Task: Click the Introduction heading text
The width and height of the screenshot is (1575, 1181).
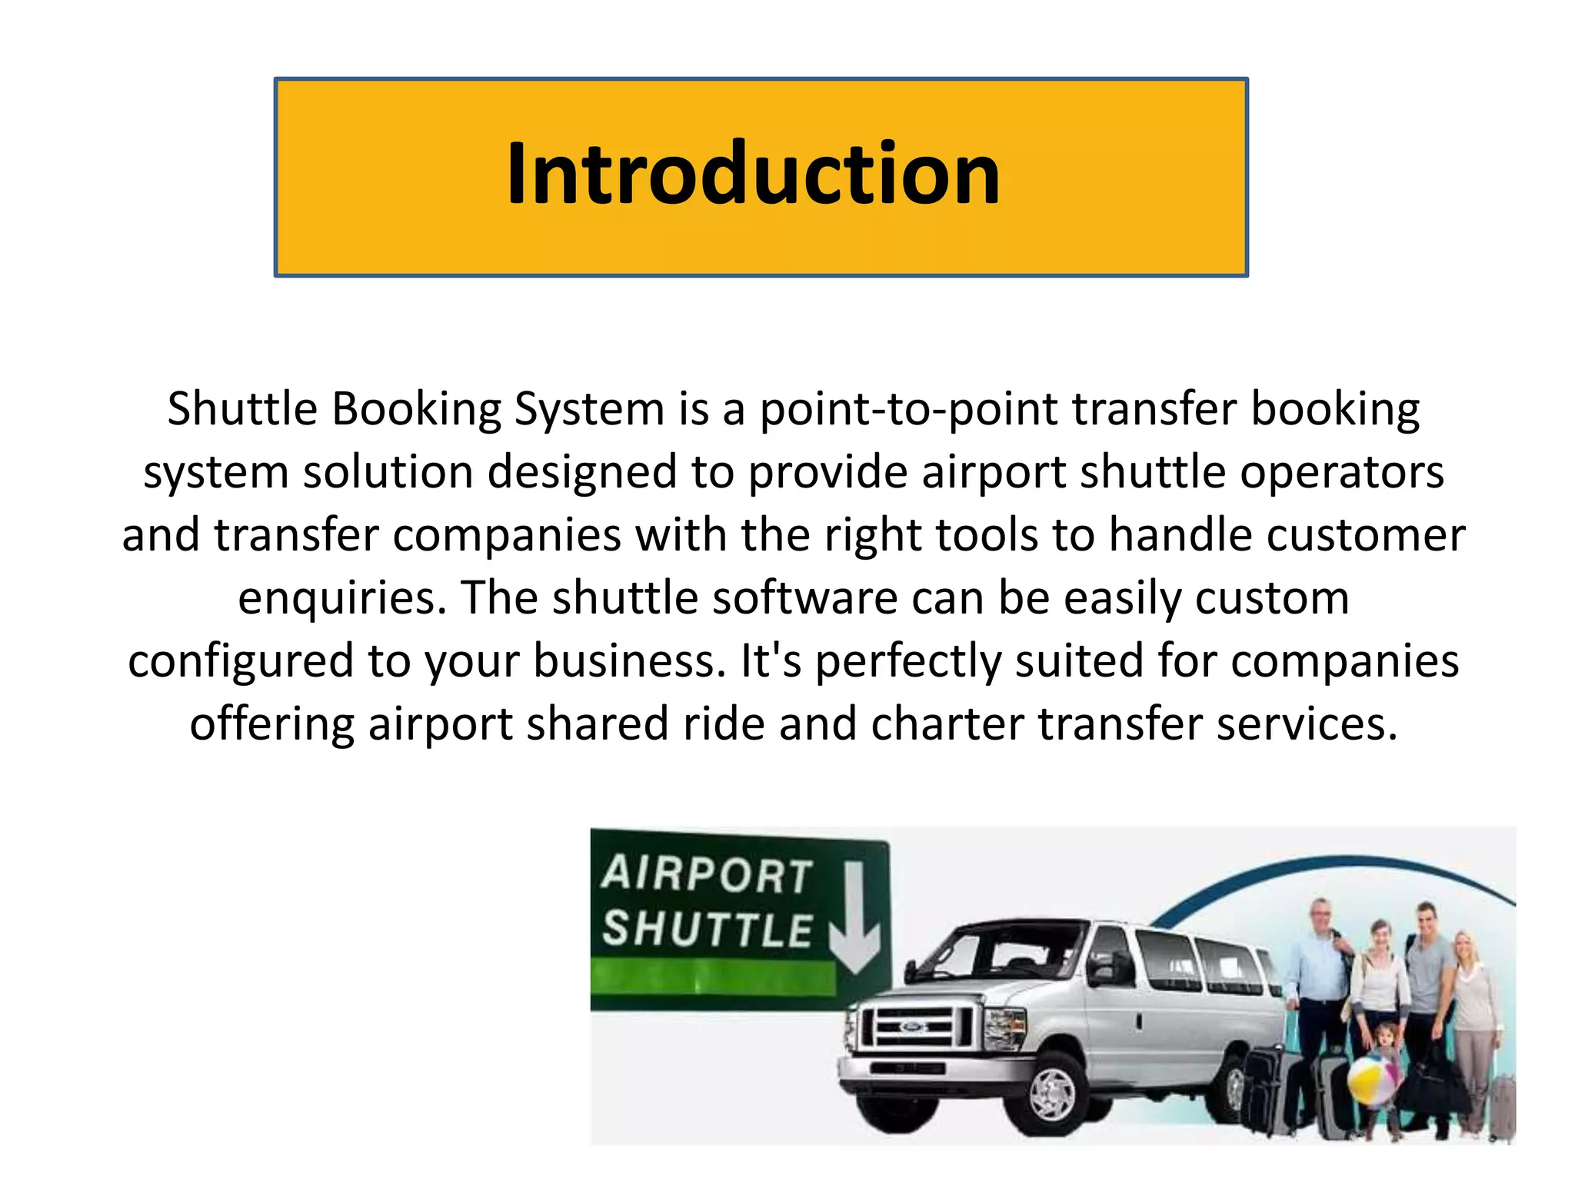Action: (753, 175)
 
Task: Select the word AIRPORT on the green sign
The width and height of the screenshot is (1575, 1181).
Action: (707, 875)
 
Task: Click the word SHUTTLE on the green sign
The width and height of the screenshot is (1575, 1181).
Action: (707, 929)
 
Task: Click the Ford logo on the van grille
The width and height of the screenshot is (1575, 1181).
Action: (912, 1026)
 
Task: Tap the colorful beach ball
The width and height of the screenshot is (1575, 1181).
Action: (1372, 1080)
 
